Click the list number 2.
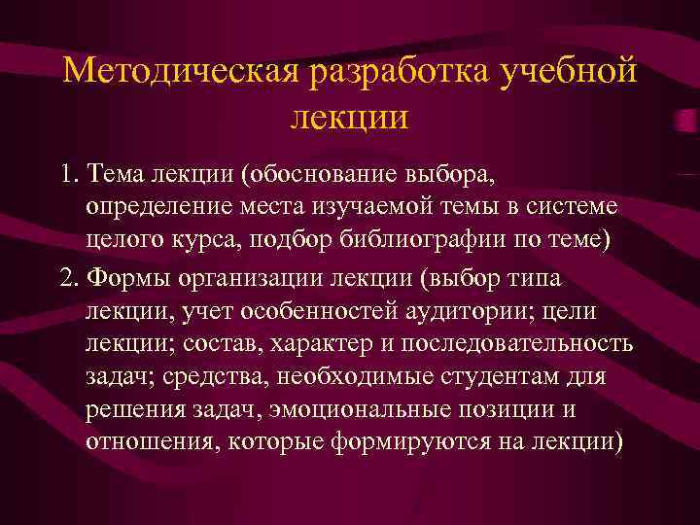point(68,279)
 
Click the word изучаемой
point(402,211)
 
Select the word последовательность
point(507,345)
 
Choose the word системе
point(573,211)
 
